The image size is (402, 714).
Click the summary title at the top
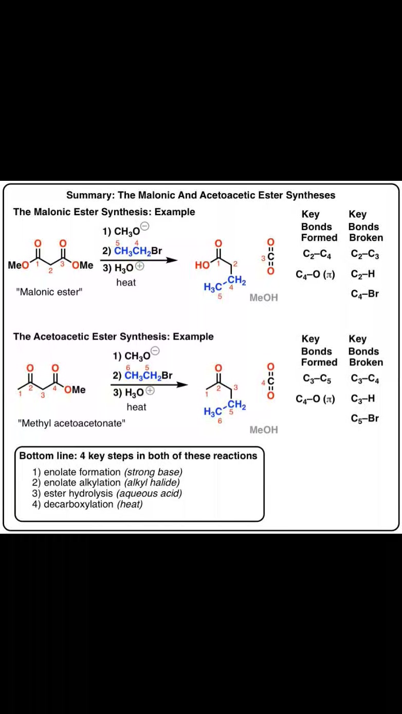click(200, 195)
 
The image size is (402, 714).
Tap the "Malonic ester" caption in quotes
click(49, 292)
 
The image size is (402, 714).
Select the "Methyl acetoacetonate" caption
click(72, 423)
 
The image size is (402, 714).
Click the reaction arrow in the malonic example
click(139, 260)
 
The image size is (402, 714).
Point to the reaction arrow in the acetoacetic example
click(149, 385)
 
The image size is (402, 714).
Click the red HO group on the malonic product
click(202, 265)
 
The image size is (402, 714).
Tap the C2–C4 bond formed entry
click(317, 254)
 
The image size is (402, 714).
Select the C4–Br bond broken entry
click(364, 294)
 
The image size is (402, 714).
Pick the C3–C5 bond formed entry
click(317, 379)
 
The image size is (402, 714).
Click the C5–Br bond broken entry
click(364, 418)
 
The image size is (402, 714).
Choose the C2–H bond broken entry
click(363, 274)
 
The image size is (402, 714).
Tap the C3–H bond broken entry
click(363, 399)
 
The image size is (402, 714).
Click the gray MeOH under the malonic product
click(264, 298)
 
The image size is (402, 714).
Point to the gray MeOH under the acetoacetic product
click(264, 430)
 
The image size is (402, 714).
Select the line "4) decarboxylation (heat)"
click(87, 504)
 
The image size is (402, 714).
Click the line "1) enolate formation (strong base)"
click(107, 472)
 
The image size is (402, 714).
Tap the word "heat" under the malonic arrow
click(126, 283)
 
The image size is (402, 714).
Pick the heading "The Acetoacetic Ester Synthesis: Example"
click(113, 336)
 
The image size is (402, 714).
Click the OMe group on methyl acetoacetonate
click(75, 389)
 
